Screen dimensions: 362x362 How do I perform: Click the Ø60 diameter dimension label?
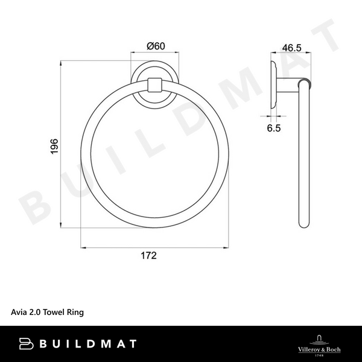[155, 46]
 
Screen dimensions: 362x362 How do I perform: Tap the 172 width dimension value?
[148, 256]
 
